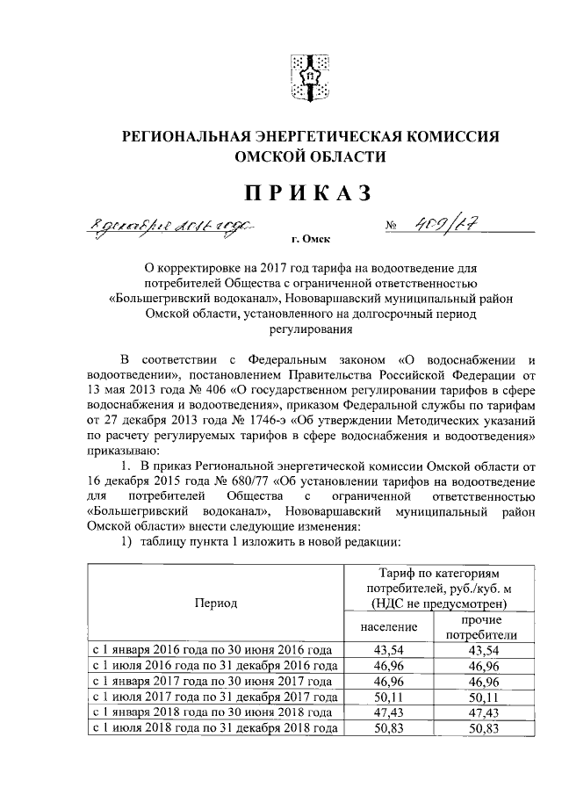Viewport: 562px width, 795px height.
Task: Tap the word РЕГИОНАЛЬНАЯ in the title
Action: [190, 137]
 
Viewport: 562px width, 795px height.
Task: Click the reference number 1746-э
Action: [261, 420]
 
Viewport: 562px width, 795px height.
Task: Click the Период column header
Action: [216, 604]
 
